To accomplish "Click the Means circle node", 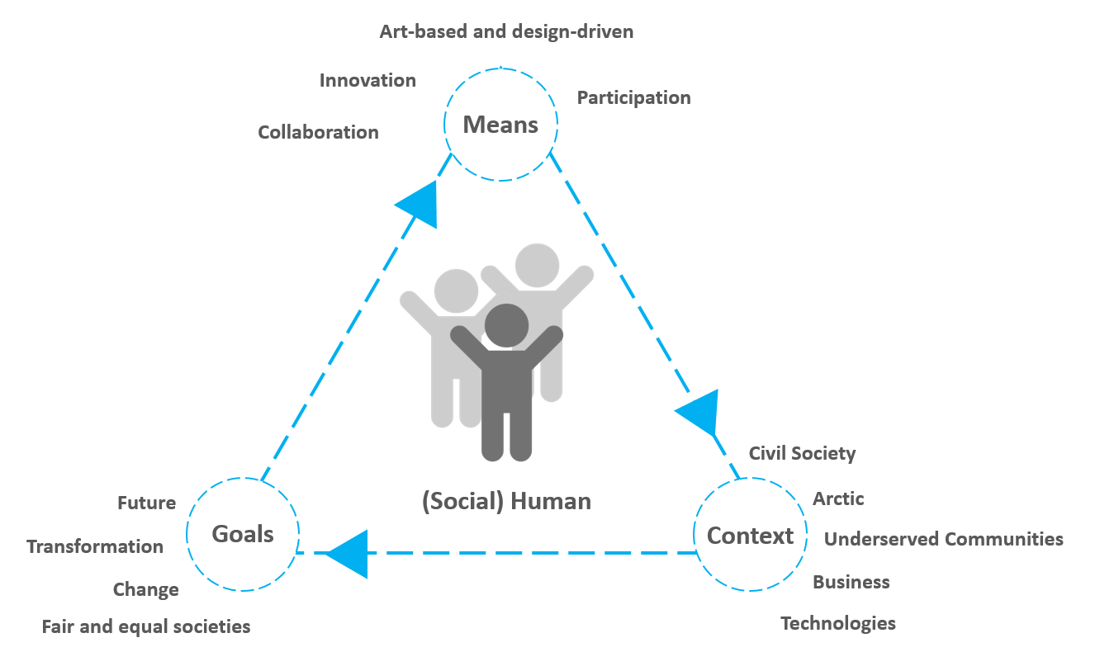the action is pos(500,125).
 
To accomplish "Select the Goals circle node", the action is pos(243,534).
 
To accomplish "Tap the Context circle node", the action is pos(750,536).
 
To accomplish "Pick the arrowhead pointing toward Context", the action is pos(699,410).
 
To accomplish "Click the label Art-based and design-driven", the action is pos(506,32).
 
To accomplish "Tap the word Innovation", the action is pos(367,80).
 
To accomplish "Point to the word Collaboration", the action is pos(318,132).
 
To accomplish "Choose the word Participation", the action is pos(633,97).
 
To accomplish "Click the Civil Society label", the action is pos(802,453).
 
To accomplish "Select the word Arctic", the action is pos(838,498).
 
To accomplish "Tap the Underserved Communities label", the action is pos(944,539).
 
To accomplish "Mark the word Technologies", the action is pos(838,623).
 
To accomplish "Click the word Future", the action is pos(146,503).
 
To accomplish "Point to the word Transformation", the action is pos(95,546).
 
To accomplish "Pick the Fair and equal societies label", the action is pos(146,626).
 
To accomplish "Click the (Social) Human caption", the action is pos(506,501).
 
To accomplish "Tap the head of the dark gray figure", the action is pos(506,326).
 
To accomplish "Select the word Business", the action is pos(851,582).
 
